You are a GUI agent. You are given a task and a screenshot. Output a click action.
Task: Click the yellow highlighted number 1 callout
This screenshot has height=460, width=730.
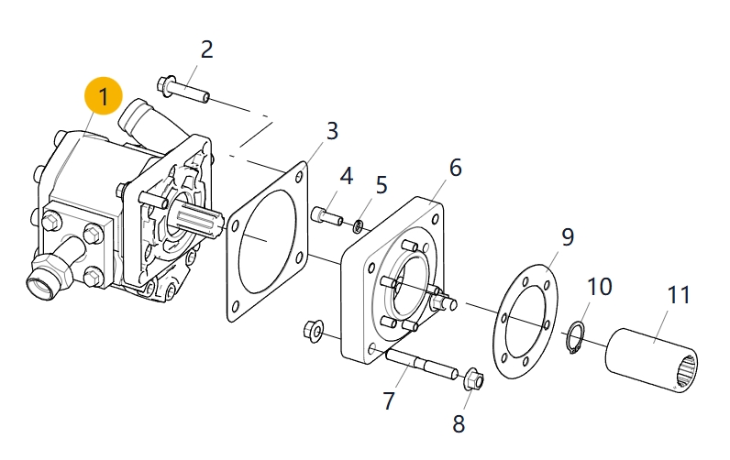click(x=103, y=96)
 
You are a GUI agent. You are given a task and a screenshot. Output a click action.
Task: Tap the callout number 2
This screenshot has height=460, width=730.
click(x=206, y=49)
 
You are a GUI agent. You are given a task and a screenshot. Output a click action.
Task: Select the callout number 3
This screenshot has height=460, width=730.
click(x=331, y=130)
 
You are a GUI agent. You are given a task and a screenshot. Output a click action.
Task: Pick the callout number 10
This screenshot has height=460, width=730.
click(x=599, y=287)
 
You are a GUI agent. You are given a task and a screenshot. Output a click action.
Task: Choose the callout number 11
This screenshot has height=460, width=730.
click(x=678, y=295)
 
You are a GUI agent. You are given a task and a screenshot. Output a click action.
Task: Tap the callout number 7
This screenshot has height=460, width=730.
click(x=389, y=400)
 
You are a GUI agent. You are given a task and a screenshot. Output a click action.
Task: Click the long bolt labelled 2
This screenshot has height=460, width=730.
click(x=184, y=90)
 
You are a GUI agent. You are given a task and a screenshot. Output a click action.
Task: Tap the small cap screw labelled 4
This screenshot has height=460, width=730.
click(x=326, y=216)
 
